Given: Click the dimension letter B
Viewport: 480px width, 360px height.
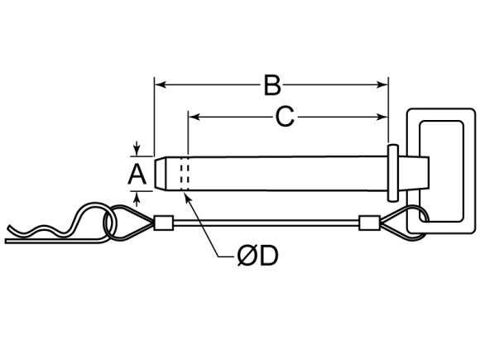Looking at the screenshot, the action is (x=272, y=84).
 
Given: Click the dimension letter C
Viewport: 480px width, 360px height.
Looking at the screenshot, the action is (x=285, y=117).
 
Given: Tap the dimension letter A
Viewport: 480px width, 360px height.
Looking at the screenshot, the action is (x=137, y=174).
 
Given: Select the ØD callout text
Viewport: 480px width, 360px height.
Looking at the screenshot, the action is (x=258, y=256).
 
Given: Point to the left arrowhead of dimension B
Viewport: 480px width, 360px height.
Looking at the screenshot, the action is (x=160, y=84).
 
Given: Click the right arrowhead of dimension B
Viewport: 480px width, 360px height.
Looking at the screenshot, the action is (x=382, y=84).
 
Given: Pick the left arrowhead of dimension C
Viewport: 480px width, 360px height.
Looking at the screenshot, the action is (x=194, y=117).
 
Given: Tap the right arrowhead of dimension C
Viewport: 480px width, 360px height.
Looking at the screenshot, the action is (x=382, y=117).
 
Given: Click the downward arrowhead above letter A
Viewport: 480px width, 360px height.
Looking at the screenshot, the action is (x=137, y=151).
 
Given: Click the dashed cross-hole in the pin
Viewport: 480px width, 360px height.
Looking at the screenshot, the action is (x=185, y=174).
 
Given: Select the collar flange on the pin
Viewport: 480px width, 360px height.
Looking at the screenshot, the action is (x=393, y=173).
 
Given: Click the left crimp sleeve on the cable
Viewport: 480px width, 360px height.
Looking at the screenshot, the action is (x=164, y=223).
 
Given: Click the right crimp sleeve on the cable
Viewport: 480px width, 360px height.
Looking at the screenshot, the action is (x=369, y=223).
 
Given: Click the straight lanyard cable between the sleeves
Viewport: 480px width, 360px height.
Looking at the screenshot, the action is (x=266, y=223).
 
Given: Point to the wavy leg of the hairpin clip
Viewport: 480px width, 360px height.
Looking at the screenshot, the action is (x=46, y=228).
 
